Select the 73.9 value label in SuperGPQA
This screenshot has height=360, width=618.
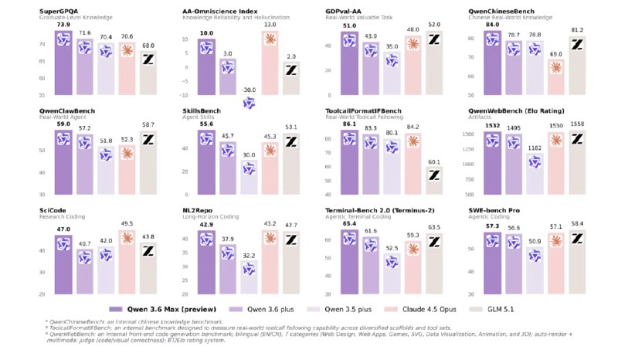pos(58,25)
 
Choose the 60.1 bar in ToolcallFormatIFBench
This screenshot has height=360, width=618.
pos(434,181)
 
